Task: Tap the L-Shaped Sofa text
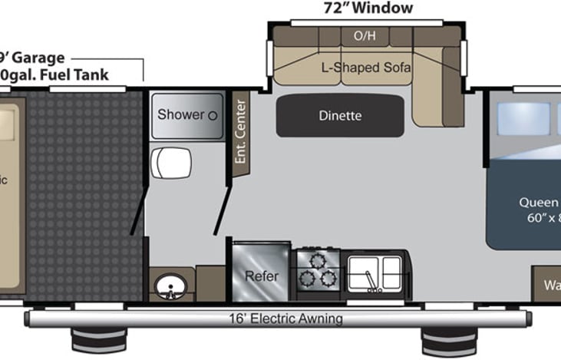click(366, 68)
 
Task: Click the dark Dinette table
click(339, 116)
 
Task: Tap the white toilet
click(170, 162)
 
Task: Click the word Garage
click(43, 58)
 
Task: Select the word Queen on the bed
click(537, 202)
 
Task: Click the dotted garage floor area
click(77, 192)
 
